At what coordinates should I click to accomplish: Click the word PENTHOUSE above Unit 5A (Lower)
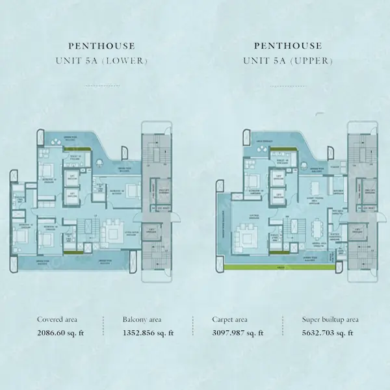click(102, 45)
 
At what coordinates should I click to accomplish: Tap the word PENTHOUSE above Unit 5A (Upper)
click(288, 45)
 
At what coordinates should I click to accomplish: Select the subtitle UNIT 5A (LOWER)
click(102, 62)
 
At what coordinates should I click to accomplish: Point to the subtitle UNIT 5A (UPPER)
click(288, 62)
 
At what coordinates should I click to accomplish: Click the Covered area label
click(58, 320)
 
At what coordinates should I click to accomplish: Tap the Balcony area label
click(142, 320)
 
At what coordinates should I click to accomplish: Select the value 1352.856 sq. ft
click(148, 333)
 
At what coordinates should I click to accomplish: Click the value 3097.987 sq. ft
click(237, 333)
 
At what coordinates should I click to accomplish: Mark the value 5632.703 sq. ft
click(328, 333)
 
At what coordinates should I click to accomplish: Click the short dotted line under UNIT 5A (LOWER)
click(102, 86)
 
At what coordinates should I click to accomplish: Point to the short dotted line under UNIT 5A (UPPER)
click(288, 86)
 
